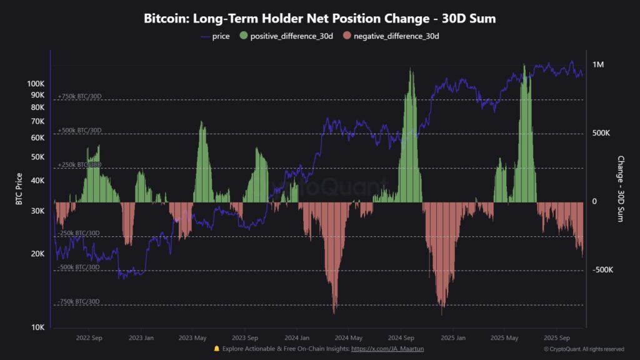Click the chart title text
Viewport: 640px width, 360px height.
(319, 18)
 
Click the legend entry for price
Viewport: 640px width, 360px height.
(215, 36)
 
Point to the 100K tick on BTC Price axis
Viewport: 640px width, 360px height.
(36, 83)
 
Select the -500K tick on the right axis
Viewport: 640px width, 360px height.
(602, 270)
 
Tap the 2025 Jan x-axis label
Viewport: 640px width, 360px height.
(453, 337)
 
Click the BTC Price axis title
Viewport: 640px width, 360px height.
(19, 189)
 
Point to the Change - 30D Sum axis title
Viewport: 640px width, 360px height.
(621, 189)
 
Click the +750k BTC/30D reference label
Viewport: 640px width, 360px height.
(79, 96)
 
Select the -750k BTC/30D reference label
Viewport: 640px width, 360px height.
(79, 301)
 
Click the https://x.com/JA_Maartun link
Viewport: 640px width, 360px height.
(388, 349)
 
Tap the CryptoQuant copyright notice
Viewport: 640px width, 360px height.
(583, 349)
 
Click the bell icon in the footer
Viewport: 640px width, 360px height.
(216, 349)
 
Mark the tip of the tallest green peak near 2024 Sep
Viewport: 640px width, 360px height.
(411, 68)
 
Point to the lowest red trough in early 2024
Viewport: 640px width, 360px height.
(334, 313)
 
